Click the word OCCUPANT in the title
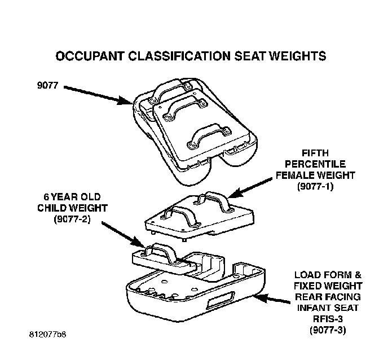[90, 56]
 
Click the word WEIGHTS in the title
[298, 56]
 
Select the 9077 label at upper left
[47, 85]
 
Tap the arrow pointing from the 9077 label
[98, 95]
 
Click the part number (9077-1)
[315, 186]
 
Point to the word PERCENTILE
[315, 164]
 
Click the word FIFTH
[315, 153]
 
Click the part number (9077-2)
[72, 219]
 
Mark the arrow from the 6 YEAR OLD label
[124, 235]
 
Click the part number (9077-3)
[328, 330]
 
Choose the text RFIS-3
[328, 319]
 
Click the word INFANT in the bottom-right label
[311, 308]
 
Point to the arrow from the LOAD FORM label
[271, 299]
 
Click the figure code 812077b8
[47, 335]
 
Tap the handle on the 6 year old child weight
[161, 253]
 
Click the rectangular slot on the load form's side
[220, 300]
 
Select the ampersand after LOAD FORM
[358, 275]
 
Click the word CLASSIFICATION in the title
[179, 56]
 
